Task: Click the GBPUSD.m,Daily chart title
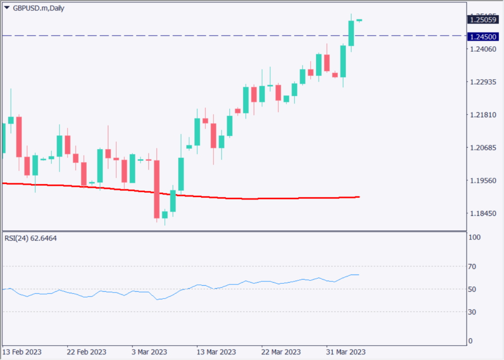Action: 38,8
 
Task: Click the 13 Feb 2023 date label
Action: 22,352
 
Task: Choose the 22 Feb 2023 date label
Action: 86,352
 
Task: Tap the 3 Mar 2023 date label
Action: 149,352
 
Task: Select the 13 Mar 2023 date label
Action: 217,352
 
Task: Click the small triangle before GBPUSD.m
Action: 7,8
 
